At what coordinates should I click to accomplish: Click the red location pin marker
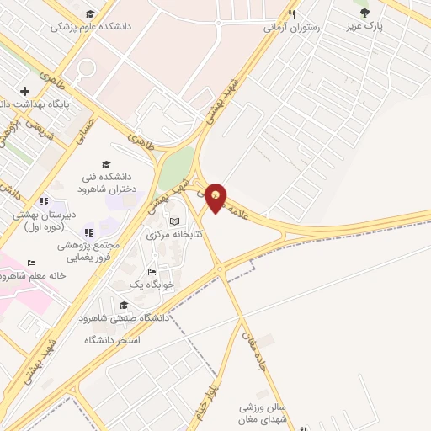click(216, 197)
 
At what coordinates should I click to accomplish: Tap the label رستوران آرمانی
click(291, 28)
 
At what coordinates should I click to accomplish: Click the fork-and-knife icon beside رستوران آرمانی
click(291, 14)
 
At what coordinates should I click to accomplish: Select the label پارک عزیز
click(366, 26)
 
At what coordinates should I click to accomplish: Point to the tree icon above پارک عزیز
click(364, 13)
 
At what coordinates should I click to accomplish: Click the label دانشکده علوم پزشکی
click(92, 27)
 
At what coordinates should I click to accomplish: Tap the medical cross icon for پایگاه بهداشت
click(25, 91)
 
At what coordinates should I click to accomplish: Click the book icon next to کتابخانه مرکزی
click(174, 221)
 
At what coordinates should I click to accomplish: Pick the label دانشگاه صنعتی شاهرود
click(125, 318)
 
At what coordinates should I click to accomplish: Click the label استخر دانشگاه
click(110, 339)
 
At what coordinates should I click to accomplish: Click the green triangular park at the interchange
click(176, 168)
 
